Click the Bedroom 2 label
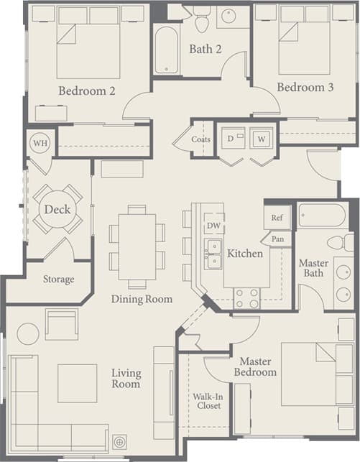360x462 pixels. pyautogui.click(x=87, y=91)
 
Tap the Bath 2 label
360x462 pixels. pyautogui.click(x=206, y=49)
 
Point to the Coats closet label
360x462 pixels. pyautogui.click(x=201, y=139)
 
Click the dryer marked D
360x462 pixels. pyautogui.click(x=231, y=138)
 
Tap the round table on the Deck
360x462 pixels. pyautogui.click(x=57, y=210)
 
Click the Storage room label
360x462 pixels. pyautogui.click(x=58, y=279)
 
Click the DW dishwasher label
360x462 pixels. pyautogui.click(x=213, y=226)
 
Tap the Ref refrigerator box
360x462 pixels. pyautogui.click(x=277, y=216)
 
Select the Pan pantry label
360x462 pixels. pyautogui.click(x=277, y=238)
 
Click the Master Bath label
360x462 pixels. pyautogui.click(x=313, y=268)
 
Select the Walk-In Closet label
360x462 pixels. pyautogui.click(x=207, y=400)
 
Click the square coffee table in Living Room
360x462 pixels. pyautogui.click(x=77, y=384)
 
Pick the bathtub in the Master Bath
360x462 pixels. pyautogui.click(x=322, y=216)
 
